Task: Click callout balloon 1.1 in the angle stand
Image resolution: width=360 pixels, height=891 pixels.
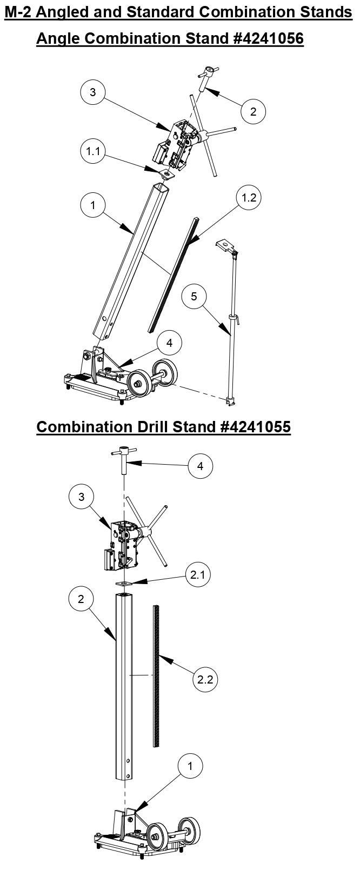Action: coord(93,151)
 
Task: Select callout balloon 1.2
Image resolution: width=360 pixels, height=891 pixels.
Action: coord(249,198)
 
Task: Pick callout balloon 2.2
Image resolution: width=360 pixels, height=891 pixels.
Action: coord(205,679)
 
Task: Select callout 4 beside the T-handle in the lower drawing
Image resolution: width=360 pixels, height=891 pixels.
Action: coord(200,466)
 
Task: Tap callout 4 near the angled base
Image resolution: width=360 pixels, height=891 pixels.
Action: coord(169,342)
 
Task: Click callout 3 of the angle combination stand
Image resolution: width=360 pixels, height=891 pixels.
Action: coord(93,92)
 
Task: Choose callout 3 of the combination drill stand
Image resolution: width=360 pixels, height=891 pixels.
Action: coord(82,496)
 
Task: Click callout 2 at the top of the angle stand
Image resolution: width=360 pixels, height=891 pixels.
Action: coord(254,112)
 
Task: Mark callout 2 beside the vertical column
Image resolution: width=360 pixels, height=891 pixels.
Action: coord(81,599)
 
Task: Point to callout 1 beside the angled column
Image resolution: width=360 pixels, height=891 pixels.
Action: coord(93,205)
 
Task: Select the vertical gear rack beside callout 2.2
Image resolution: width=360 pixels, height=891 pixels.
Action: coord(157,675)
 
